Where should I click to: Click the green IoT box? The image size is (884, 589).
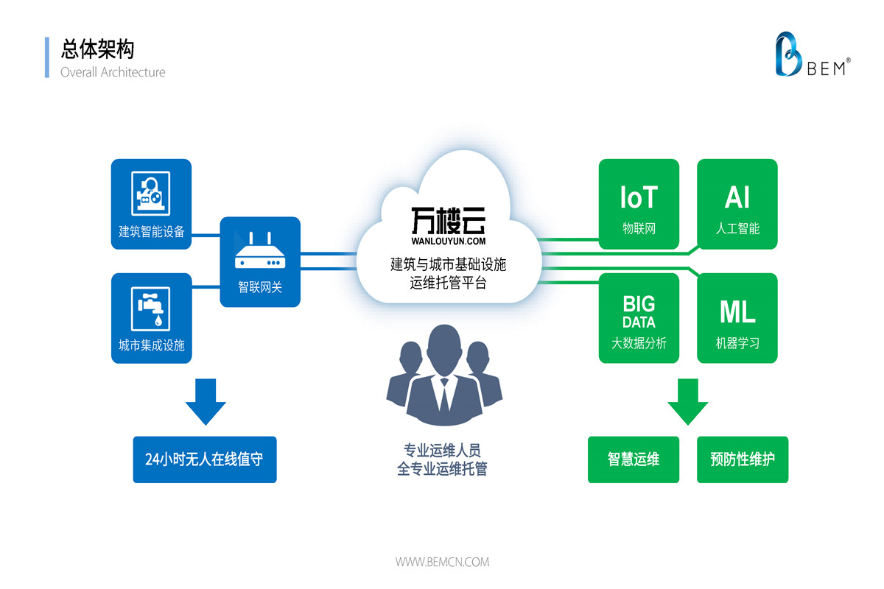pyautogui.click(x=639, y=204)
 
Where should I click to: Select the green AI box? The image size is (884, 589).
pyautogui.click(x=737, y=204)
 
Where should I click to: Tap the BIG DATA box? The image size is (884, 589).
pyautogui.click(x=639, y=318)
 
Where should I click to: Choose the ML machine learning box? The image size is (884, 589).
pyautogui.click(x=737, y=318)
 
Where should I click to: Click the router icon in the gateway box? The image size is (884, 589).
pyautogui.click(x=259, y=252)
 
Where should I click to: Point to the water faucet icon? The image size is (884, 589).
pyautogui.click(x=151, y=308)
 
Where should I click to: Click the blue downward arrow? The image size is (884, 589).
pyautogui.click(x=206, y=402)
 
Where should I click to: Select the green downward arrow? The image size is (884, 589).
pyautogui.click(x=687, y=402)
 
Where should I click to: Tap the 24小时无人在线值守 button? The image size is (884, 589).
pyautogui.click(x=205, y=460)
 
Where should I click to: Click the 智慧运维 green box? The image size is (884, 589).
pyautogui.click(x=634, y=460)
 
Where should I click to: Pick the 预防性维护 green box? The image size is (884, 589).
pyautogui.click(x=743, y=460)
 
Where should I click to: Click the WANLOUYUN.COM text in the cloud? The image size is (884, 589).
pyautogui.click(x=448, y=240)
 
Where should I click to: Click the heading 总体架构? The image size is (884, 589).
pyautogui.click(x=97, y=49)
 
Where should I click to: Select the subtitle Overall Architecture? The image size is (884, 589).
pyautogui.click(x=113, y=72)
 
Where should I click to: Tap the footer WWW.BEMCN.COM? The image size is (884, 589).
pyautogui.click(x=442, y=562)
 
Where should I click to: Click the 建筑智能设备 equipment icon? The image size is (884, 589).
pyautogui.click(x=151, y=194)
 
